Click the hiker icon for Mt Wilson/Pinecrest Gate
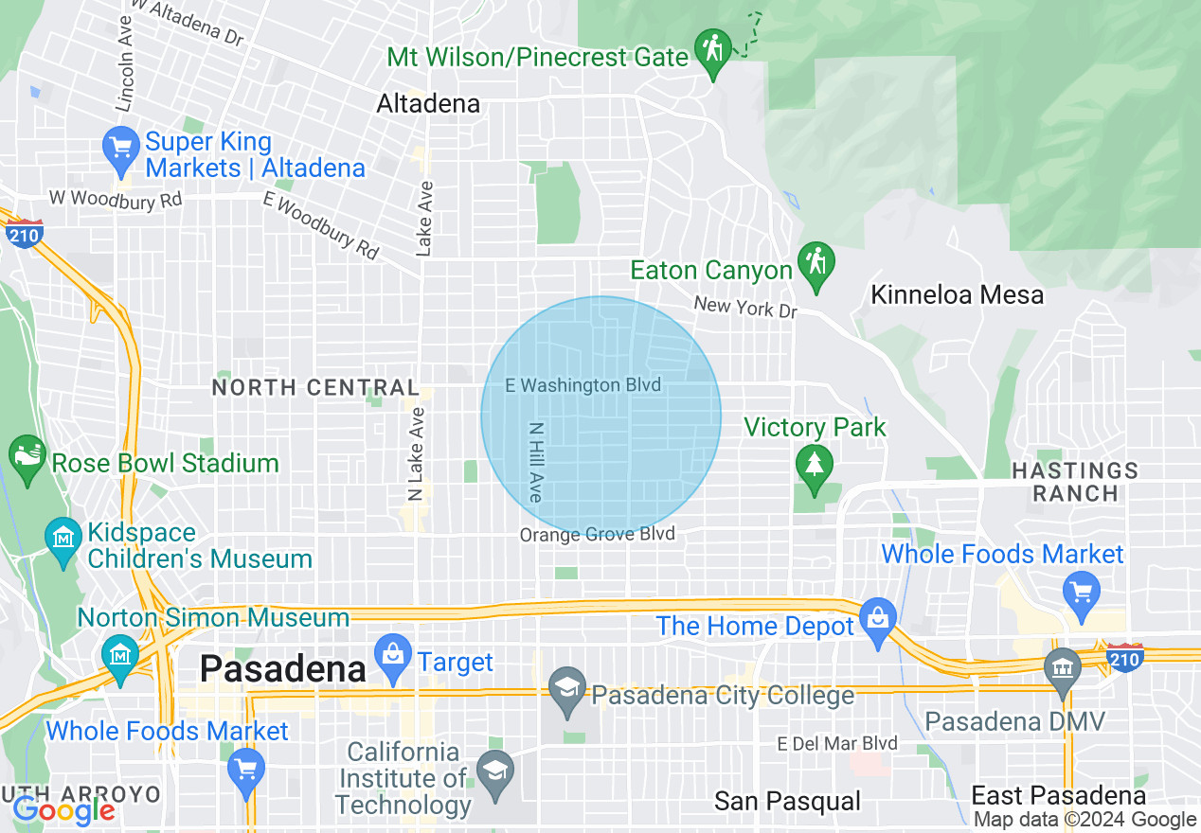[713, 47]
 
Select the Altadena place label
[428, 103]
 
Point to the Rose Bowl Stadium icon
[27, 453]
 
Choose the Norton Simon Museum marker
[119, 654]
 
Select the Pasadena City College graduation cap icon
[567, 688]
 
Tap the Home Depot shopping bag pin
[877, 620]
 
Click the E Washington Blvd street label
[583, 385]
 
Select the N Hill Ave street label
[536, 462]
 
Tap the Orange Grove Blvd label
[597, 535]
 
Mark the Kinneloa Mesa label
[957, 294]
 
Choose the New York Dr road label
[745, 308]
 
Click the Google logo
[63, 809]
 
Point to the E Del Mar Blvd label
[836, 743]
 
